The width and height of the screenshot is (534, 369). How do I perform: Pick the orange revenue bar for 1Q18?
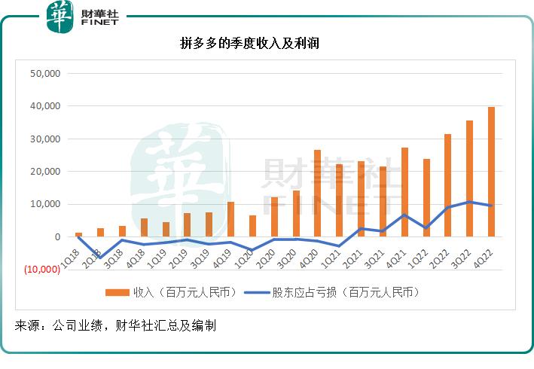tap(78, 234)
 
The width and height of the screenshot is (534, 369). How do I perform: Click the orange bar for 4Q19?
tap(230, 219)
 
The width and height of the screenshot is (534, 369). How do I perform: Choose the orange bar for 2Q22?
tap(448, 185)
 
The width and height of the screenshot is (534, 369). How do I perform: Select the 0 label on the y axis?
tap(56, 236)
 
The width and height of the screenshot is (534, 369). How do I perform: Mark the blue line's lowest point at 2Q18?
tap(100, 258)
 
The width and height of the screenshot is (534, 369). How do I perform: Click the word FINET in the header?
tap(99, 24)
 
